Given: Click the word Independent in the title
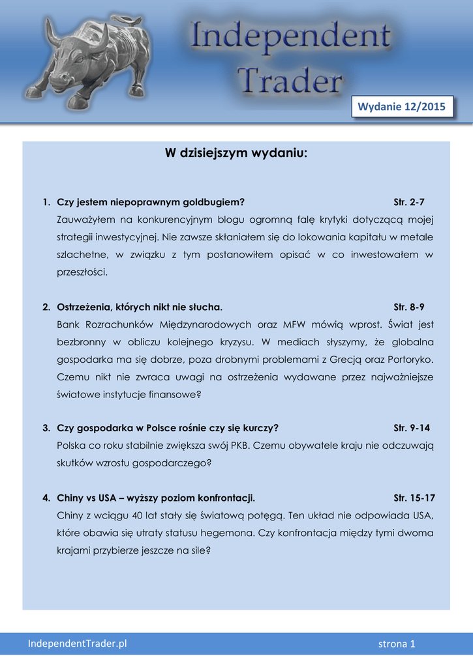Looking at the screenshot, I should [x=291, y=40].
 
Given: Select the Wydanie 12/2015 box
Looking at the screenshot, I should [x=403, y=106].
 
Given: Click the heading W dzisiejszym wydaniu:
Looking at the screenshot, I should [x=236, y=154].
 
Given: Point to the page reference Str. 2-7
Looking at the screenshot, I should [x=409, y=202].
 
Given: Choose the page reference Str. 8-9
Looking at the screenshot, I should [x=409, y=306].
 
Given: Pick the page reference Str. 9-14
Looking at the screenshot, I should [x=412, y=428].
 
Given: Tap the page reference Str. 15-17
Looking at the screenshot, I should [x=414, y=498].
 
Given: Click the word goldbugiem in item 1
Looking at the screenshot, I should [x=214, y=202].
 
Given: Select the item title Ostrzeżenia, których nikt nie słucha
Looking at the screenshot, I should [x=140, y=306].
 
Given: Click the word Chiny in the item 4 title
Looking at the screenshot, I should [x=70, y=498].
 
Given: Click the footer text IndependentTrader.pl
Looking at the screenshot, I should [x=77, y=644].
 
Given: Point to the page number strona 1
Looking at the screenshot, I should [x=397, y=644].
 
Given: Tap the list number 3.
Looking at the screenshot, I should [x=46, y=428].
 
